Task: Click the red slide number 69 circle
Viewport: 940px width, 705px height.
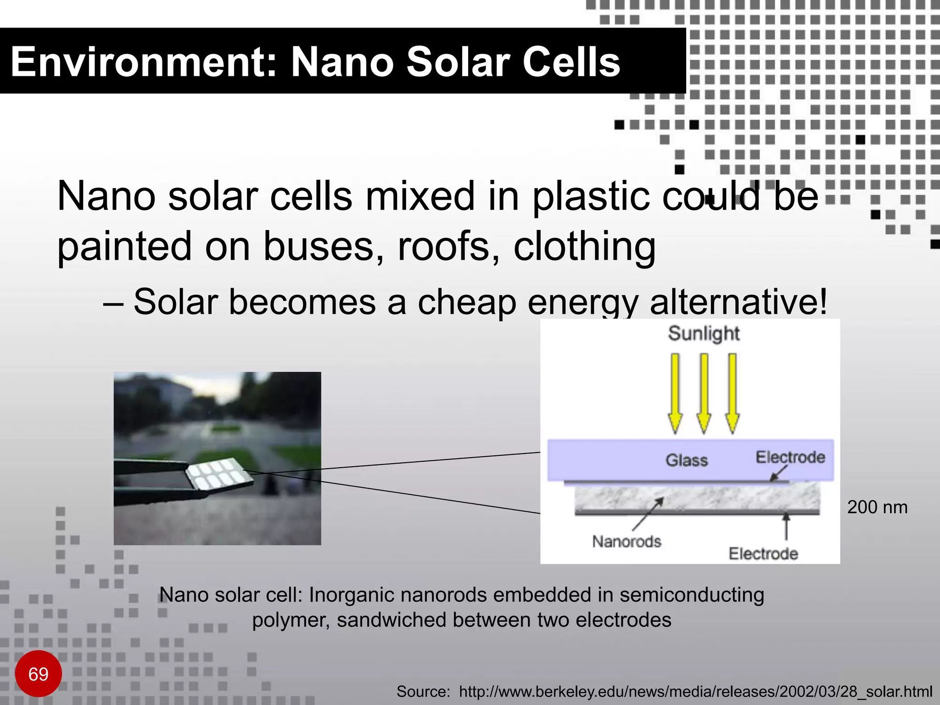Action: [x=38, y=673]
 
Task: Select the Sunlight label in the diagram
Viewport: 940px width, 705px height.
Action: [x=704, y=334]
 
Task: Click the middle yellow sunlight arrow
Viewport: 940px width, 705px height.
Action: [x=704, y=392]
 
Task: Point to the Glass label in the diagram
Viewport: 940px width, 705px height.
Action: [x=687, y=460]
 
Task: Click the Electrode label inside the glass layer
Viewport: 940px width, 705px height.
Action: [x=790, y=457]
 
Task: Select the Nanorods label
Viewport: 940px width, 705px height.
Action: [x=627, y=542]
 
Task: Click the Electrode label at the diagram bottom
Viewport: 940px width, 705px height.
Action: [x=763, y=554]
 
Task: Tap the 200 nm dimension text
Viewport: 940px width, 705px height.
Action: [x=877, y=507]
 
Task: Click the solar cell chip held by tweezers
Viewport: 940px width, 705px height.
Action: [x=219, y=474]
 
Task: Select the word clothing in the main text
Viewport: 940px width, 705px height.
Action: [x=584, y=247]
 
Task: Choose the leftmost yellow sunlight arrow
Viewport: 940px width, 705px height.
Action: [x=675, y=392]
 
